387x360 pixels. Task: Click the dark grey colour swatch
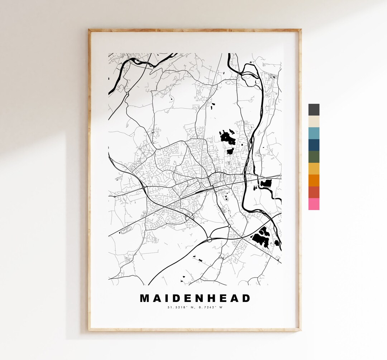[314, 110]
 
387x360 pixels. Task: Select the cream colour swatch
[314, 122]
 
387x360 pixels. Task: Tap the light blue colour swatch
[314, 133]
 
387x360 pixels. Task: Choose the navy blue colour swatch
[314, 145]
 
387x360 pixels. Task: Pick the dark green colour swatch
[314, 157]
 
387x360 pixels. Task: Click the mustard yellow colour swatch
[314, 169]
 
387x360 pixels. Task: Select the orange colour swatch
[314, 181]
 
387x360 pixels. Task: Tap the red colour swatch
[314, 193]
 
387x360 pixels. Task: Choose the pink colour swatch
[314, 204]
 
